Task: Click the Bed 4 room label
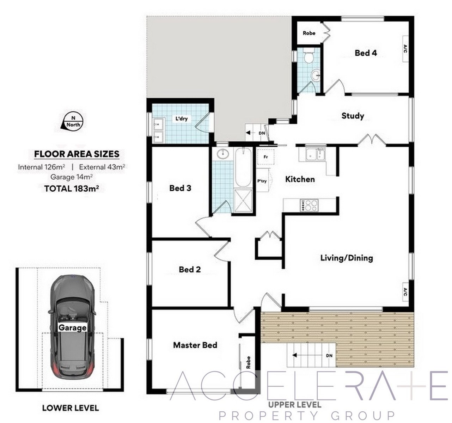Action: click(x=366, y=53)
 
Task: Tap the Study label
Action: click(x=353, y=116)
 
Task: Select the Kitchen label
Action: click(x=300, y=179)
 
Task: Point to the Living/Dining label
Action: click(x=347, y=258)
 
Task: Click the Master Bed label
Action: click(x=195, y=345)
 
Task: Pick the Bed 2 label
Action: click(x=190, y=269)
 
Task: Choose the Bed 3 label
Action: click(x=180, y=188)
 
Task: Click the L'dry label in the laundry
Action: click(x=181, y=118)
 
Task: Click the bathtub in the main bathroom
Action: click(x=243, y=167)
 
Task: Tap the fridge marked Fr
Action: click(x=265, y=157)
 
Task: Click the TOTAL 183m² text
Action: click(x=72, y=188)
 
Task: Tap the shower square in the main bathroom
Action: click(x=243, y=200)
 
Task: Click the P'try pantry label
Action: click(x=262, y=181)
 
